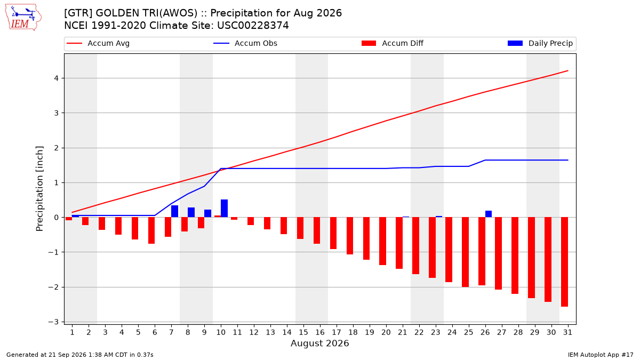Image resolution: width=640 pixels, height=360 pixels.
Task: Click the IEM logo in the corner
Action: [x=23, y=18]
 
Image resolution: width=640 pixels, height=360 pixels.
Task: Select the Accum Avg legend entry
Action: [x=98, y=43]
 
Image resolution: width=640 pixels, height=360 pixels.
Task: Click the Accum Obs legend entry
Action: [x=245, y=43]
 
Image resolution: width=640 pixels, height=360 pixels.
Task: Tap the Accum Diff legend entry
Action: [x=393, y=43]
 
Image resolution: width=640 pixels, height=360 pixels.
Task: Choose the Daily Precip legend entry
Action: [x=540, y=43]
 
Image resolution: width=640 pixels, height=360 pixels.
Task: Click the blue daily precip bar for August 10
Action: [x=225, y=209]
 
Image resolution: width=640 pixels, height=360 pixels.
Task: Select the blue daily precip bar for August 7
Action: [x=174, y=211]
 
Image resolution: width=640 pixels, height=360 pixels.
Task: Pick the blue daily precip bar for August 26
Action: [x=489, y=214]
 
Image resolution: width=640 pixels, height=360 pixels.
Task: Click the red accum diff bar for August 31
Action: [x=564, y=262]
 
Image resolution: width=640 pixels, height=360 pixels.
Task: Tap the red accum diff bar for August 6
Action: [x=151, y=230]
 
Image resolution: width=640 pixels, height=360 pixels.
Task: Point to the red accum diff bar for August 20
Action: [x=382, y=241]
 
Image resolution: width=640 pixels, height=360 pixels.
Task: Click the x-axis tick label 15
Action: [x=303, y=332]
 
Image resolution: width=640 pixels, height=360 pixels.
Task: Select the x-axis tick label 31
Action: [x=567, y=332]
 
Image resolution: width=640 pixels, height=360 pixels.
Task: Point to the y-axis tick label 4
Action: [x=57, y=78]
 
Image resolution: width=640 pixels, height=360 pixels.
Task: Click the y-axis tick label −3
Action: [x=53, y=322]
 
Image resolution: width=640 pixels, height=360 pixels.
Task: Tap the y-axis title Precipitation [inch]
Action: [x=39, y=189]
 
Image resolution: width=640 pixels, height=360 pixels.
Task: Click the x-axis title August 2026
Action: [x=319, y=343]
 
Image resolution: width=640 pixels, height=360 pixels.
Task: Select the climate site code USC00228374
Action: [x=253, y=26]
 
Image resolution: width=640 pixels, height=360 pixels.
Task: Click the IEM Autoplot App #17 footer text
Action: [x=601, y=355]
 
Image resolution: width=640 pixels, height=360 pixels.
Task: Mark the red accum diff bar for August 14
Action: [x=284, y=226]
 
